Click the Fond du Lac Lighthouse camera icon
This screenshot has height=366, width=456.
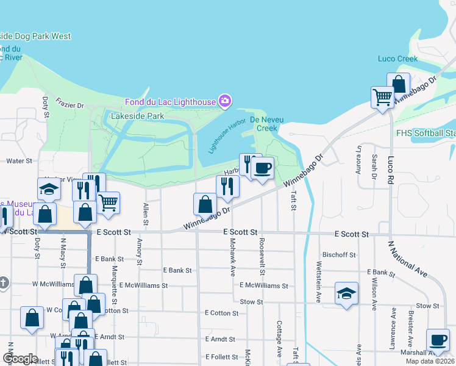(226, 100)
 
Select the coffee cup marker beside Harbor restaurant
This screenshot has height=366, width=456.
(262, 168)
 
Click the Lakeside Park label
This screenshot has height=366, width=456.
(138, 115)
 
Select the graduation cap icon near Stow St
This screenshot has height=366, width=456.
(346, 293)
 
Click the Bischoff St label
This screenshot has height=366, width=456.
(338, 254)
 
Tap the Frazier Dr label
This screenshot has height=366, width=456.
(69, 104)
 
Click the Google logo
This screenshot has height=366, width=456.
(20, 359)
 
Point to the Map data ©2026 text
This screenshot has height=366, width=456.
(430, 361)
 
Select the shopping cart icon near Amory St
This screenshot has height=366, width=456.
(109, 203)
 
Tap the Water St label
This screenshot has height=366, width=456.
(18, 161)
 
